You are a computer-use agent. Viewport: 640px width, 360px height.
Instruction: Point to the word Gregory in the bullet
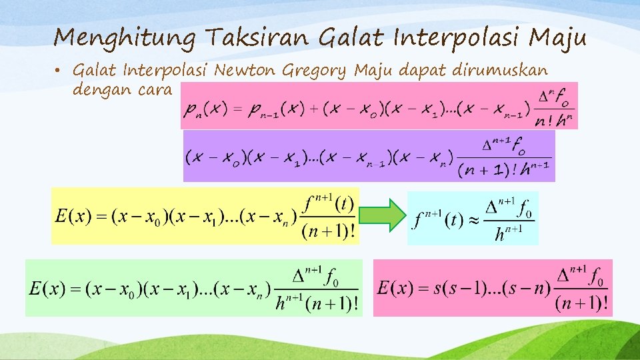click(316, 70)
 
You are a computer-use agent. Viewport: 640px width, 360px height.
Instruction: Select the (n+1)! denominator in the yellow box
click(329, 232)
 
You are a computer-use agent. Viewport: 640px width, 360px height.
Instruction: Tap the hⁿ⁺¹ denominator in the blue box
click(508, 235)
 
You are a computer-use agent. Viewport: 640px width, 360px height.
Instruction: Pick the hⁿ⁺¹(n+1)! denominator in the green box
click(317, 304)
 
